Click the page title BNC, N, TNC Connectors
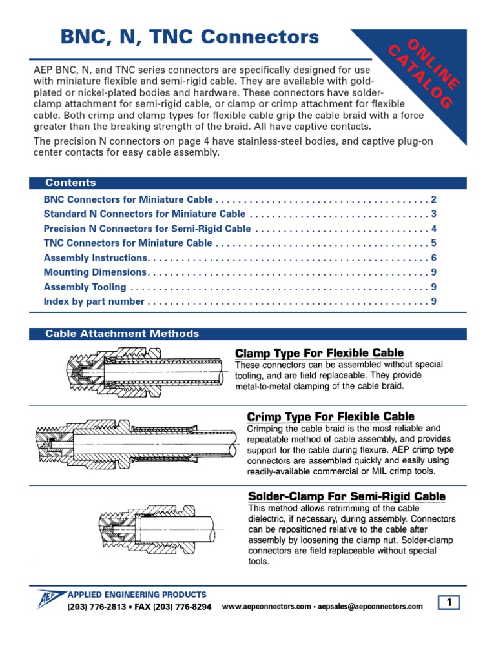[190, 37]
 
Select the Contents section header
[70, 183]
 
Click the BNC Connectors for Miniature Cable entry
[128, 199]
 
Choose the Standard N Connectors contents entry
[144, 214]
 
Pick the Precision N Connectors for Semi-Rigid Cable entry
[147, 229]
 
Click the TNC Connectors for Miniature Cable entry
[128, 243]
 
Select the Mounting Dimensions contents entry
[95, 272]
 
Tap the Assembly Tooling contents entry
[85, 287]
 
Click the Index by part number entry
[94, 301]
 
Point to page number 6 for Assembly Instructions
[434, 258]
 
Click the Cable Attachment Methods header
[122, 334]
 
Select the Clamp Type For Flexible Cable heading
[319, 352]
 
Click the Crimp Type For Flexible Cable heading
[331, 416]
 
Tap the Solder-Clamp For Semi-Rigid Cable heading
[347, 496]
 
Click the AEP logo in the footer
[49, 598]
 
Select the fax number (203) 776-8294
[173, 607]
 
